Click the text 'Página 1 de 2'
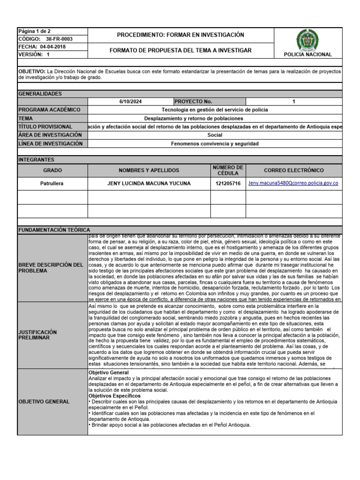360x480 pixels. coord(34,31)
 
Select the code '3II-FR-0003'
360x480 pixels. coord(60,39)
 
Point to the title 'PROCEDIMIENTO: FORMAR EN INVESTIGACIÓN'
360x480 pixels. coord(180,35)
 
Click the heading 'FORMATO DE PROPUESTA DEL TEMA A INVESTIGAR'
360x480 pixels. coord(180,51)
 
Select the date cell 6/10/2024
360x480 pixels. coord(130,102)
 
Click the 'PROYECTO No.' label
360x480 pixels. coord(194,102)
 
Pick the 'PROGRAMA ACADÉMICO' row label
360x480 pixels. coord(49,110)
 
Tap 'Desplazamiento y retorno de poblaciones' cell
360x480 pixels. coord(194,118)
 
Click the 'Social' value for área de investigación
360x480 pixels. coord(215,135)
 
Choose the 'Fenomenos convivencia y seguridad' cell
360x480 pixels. coord(215,143)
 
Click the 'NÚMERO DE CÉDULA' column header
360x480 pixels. coord(228,170)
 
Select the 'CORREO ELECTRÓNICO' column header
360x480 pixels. coord(293,170)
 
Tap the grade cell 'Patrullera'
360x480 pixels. coord(52,184)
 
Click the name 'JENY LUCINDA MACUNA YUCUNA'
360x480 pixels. coord(149,184)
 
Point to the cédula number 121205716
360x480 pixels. coord(228,184)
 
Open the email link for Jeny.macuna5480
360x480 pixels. coord(293,183)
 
